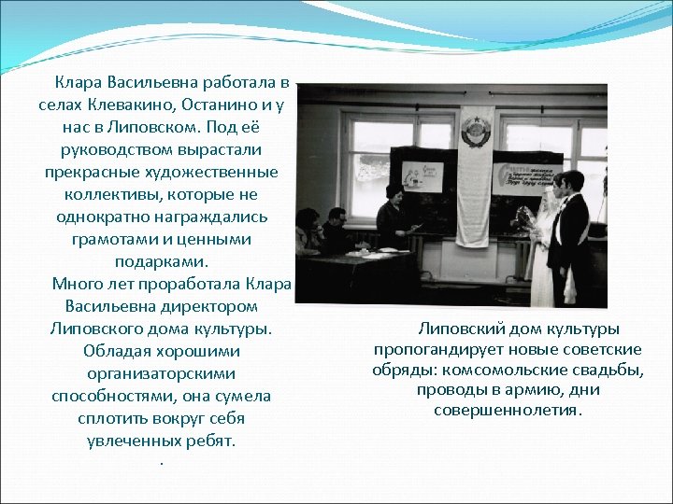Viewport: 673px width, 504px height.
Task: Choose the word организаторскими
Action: click(161, 373)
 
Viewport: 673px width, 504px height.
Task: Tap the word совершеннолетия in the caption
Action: click(507, 411)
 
